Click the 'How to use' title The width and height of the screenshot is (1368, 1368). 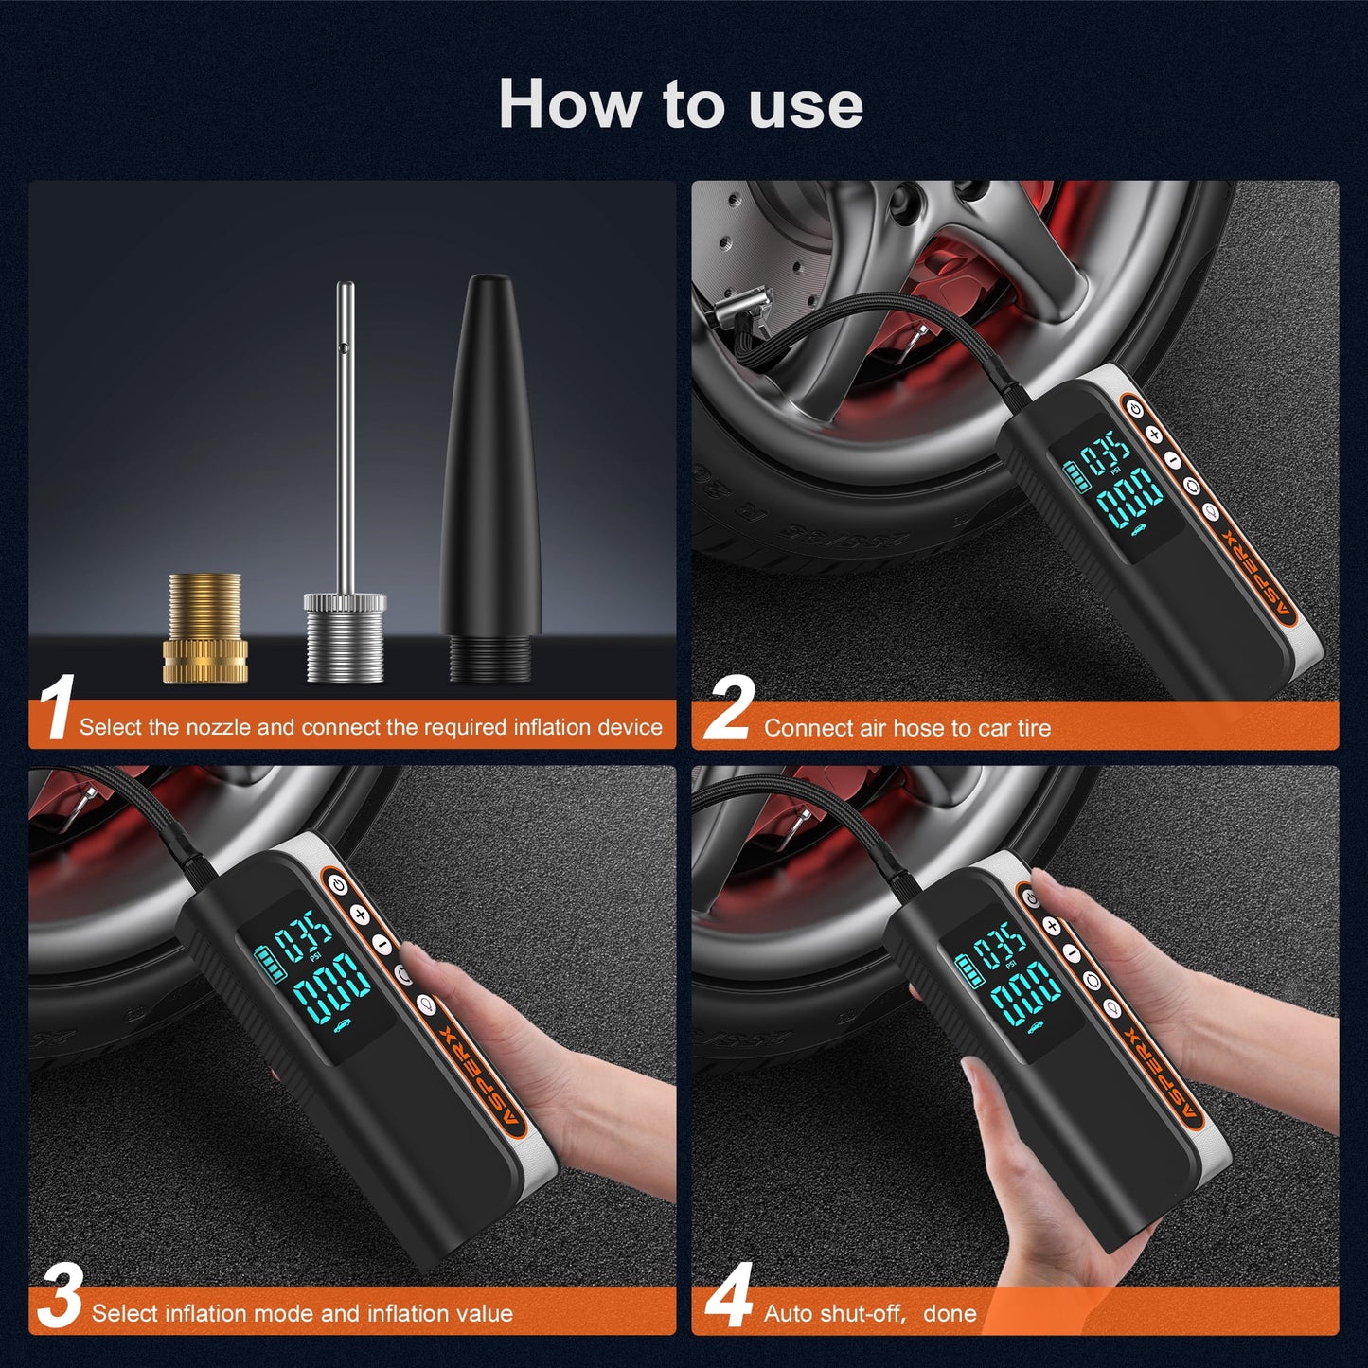click(681, 103)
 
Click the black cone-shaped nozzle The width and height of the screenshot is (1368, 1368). click(490, 473)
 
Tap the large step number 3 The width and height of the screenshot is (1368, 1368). click(60, 1296)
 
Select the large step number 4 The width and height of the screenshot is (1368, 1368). click(729, 1296)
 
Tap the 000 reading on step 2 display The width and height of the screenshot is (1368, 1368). click(1128, 495)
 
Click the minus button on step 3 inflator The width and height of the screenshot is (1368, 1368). click(382, 944)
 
